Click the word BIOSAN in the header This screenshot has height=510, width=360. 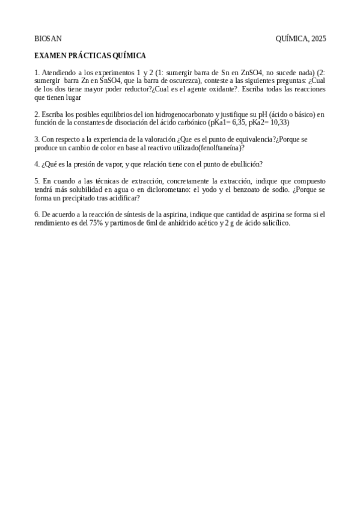(x=44, y=38)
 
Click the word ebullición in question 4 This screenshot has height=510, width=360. (x=244, y=164)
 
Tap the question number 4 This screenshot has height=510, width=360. (x=37, y=164)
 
